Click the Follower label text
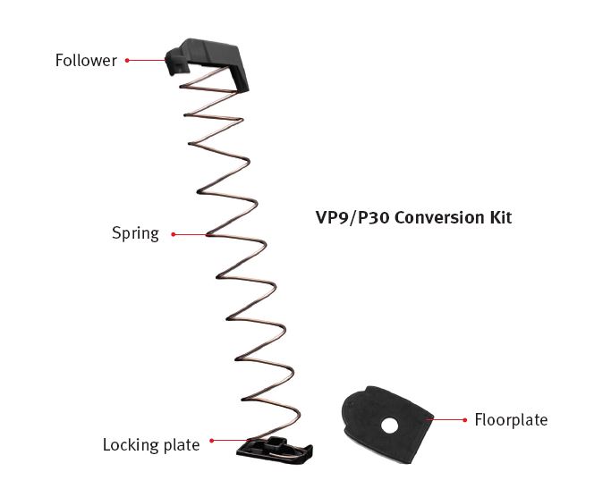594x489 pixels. (86, 61)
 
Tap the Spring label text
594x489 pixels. (135, 234)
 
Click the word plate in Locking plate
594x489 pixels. (182, 444)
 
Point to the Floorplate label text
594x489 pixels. (511, 419)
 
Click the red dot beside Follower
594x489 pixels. (127, 61)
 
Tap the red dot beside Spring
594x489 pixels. (172, 234)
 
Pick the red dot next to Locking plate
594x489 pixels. (211, 441)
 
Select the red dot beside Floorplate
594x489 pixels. (464, 419)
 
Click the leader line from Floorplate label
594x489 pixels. (447, 419)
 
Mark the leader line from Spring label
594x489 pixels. (190, 234)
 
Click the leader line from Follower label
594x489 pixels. (148, 61)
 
